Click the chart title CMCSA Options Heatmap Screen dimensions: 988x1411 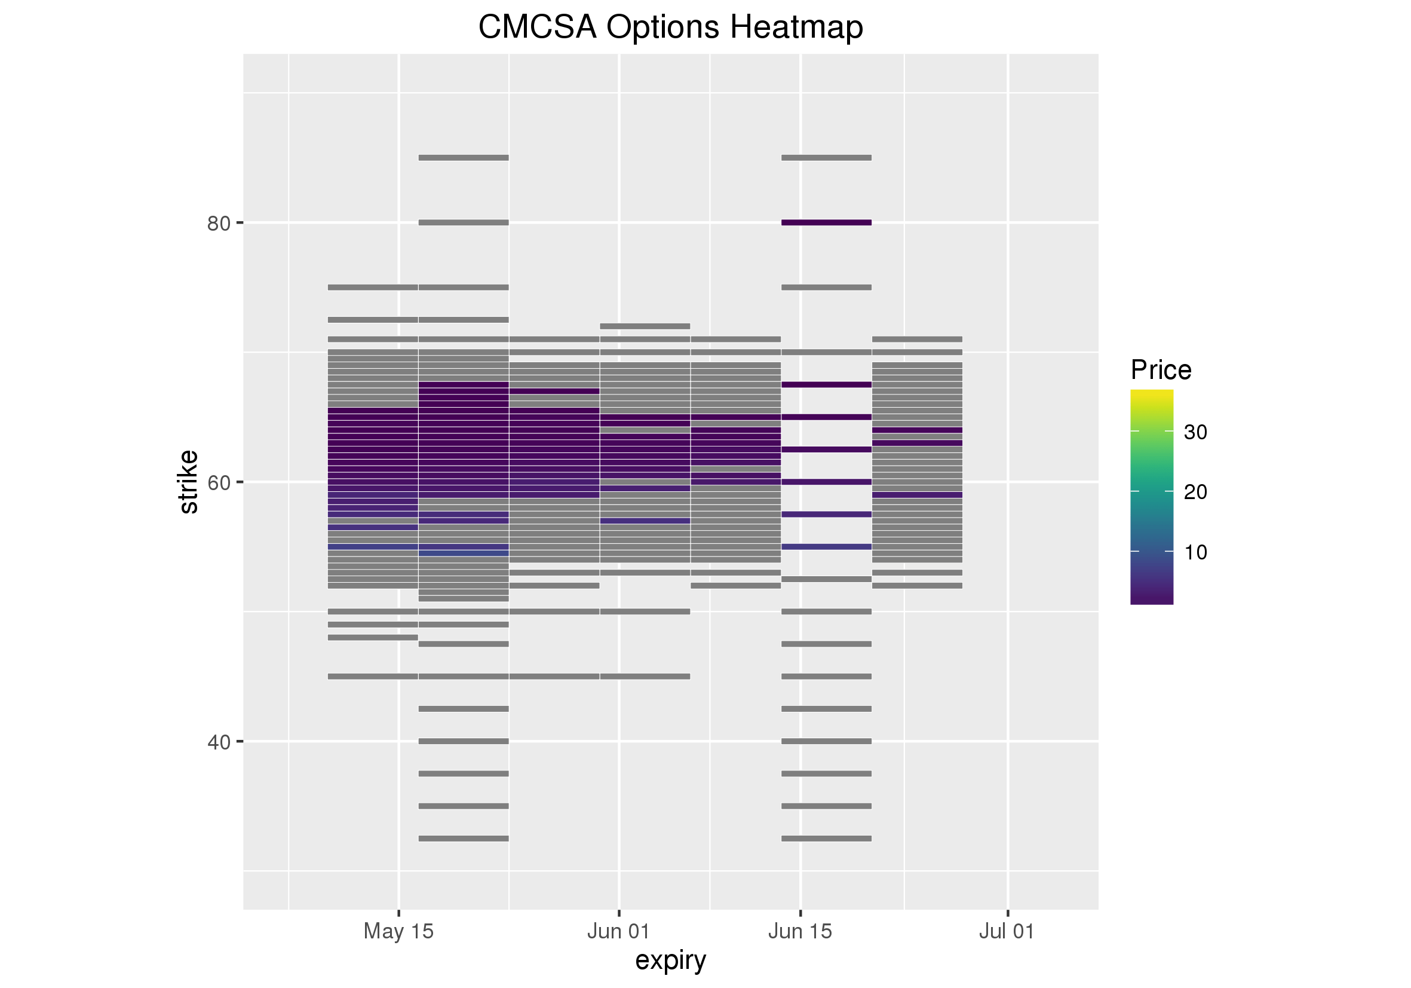670,27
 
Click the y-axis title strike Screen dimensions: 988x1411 189,482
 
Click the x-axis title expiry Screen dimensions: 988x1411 670,960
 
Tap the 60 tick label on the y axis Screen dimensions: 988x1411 218,483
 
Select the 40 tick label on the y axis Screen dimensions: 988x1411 218,743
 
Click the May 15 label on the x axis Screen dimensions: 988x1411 398,931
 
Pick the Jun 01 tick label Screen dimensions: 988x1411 618,931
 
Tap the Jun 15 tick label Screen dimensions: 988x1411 799,931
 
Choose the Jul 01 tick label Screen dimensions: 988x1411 1007,931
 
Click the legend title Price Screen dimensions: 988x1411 1161,370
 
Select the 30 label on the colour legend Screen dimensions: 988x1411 1195,432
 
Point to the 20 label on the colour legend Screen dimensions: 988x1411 1195,492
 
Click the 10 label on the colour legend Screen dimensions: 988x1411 1195,552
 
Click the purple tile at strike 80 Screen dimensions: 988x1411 826,222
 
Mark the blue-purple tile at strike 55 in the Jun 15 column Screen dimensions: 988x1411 826,546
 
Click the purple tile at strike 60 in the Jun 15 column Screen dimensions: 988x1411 826,481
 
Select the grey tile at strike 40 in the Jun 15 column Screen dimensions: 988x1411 826,741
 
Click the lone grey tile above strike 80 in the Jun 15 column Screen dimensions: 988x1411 826,158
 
